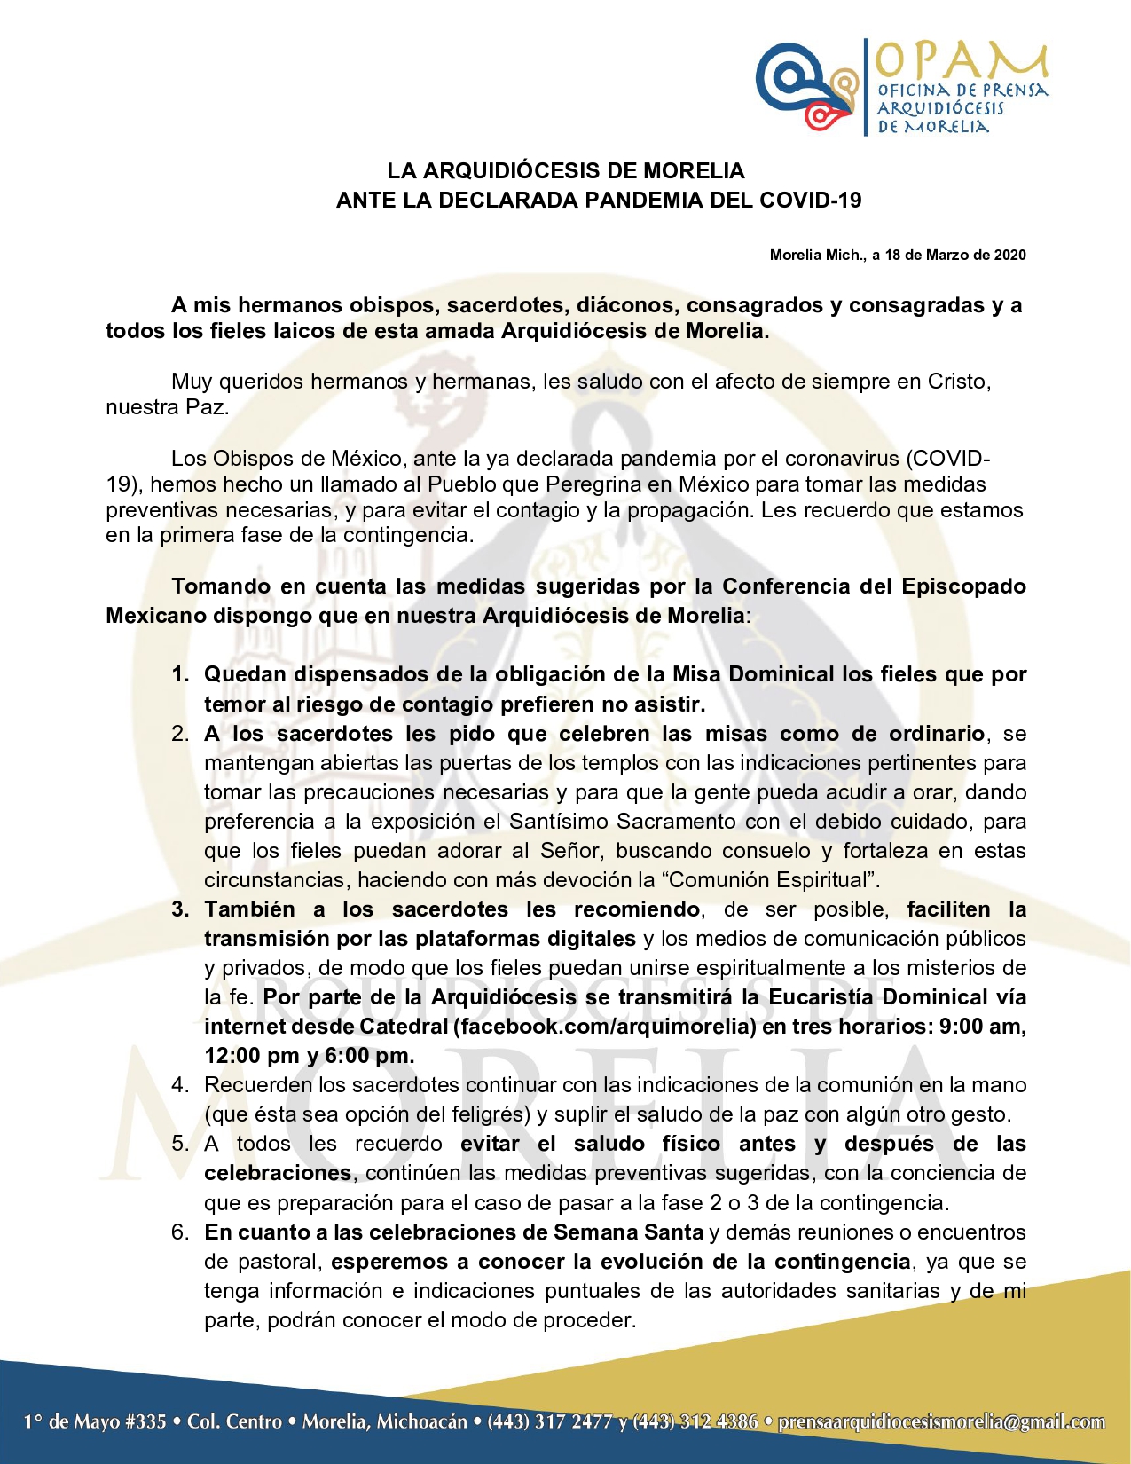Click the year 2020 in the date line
coord(1009,256)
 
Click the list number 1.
coord(180,674)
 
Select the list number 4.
coord(180,1085)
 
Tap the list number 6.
coord(180,1232)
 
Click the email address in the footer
coord(941,1422)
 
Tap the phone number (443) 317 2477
coord(550,1422)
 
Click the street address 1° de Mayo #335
coord(95,1422)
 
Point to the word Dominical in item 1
coord(781,674)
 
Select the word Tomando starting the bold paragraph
coord(216,586)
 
